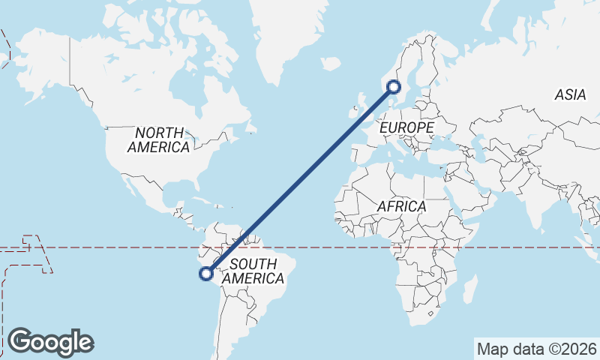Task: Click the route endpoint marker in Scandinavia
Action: pyautogui.click(x=394, y=88)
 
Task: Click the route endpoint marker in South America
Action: pyautogui.click(x=206, y=274)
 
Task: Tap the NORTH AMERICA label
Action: pyautogui.click(x=158, y=139)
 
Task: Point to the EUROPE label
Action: pyautogui.click(x=406, y=128)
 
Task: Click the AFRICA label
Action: pyautogui.click(x=401, y=205)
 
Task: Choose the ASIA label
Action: pyautogui.click(x=570, y=94)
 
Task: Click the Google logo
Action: pyautogui.click(x=50, y=342)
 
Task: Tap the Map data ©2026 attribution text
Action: pyautogui.click(x=537, y=349)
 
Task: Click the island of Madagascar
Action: pyautogui.click(x=470, y=289)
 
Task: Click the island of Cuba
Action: pyautogui.click(x=197, y=202)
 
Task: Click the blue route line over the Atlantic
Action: pyautogui.click(x=300, y=181)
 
